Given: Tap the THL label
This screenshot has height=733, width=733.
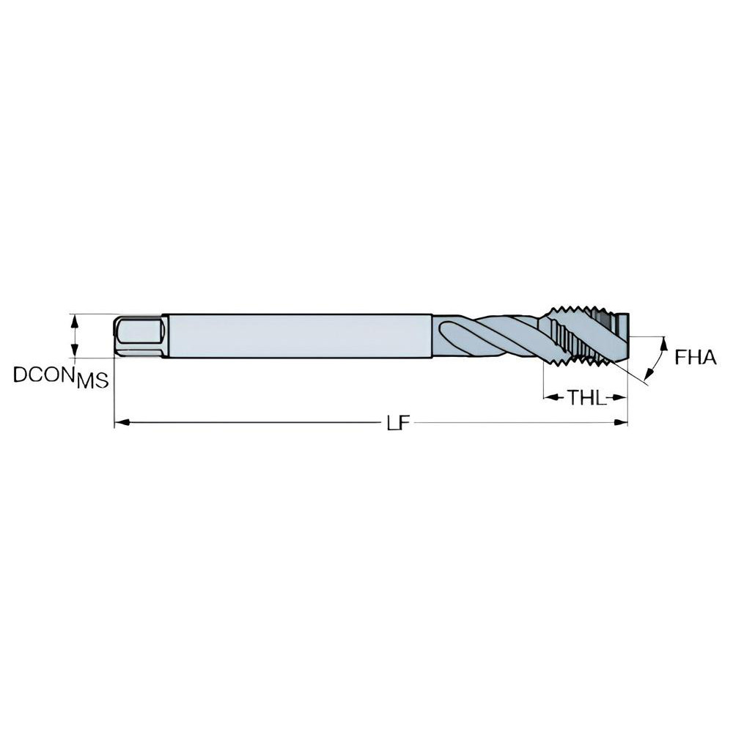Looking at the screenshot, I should click(x=585, y=398).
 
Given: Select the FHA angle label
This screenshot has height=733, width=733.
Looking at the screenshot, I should click(x=694, y=357).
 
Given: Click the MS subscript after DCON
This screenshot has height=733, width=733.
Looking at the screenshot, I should click(x=93, y=380).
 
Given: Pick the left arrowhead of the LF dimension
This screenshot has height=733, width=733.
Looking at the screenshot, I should click(x=119, y=422).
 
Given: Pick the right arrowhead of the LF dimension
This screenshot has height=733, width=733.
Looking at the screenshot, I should click(x=624, y=422).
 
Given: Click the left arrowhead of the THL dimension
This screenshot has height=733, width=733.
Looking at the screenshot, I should click(x=548, y=398).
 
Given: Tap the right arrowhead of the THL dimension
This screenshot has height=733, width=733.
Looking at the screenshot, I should click(x=623, y=398).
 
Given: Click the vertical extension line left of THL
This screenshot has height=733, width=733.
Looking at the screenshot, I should click(x=542, y=381).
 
